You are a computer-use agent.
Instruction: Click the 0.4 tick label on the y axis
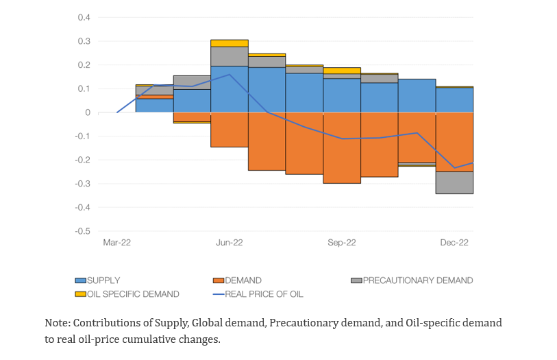[84, 18]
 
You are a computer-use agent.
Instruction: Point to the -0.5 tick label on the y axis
[83, 231]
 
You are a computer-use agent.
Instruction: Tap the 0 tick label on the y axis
[88, 112]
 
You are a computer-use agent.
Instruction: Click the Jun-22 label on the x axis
[229, 243]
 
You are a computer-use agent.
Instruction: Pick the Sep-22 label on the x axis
[341, 243]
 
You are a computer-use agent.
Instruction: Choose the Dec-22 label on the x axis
[454, 243]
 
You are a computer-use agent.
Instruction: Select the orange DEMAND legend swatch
[219, 280]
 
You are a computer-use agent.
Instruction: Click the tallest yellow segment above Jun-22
[230, 43]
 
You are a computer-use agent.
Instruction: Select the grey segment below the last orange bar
[454, 182]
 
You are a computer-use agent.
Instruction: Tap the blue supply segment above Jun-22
[230, 89]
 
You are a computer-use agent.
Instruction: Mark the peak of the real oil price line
[230, 74]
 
